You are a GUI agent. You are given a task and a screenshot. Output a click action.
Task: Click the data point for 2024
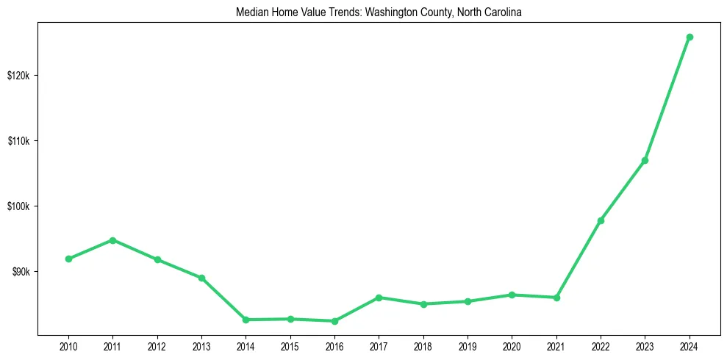[690, 37]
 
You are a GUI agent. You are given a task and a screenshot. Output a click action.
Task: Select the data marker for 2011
[112, 240]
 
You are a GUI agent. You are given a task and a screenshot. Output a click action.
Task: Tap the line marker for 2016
[334, 321]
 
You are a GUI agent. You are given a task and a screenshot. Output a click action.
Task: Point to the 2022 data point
[601, 220]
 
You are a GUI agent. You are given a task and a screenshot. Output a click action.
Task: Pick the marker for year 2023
[645, 160]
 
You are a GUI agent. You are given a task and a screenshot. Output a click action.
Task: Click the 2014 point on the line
[246, 320]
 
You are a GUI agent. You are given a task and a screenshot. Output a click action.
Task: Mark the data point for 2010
[68, 259]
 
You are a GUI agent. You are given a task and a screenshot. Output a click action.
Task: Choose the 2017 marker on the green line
[379, 298]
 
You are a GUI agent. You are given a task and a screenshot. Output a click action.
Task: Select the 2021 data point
[556, 298]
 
